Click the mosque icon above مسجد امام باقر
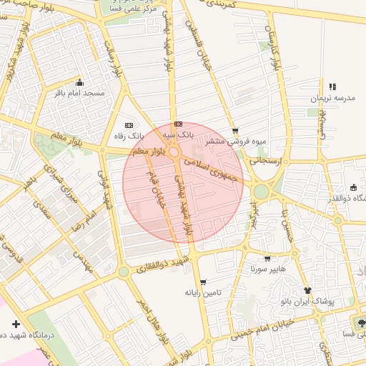point(79,81)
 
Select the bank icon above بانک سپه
point(177,124)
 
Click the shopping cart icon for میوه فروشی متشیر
point(235,131)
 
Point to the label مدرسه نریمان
point(332,97)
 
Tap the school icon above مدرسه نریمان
point(332,86)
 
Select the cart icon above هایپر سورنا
point(267,259)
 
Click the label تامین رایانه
point(204,292)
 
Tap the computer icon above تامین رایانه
point(204,282)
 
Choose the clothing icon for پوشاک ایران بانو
point(307,290)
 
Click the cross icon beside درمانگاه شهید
point(16,324)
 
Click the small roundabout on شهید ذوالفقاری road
point(123,272)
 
